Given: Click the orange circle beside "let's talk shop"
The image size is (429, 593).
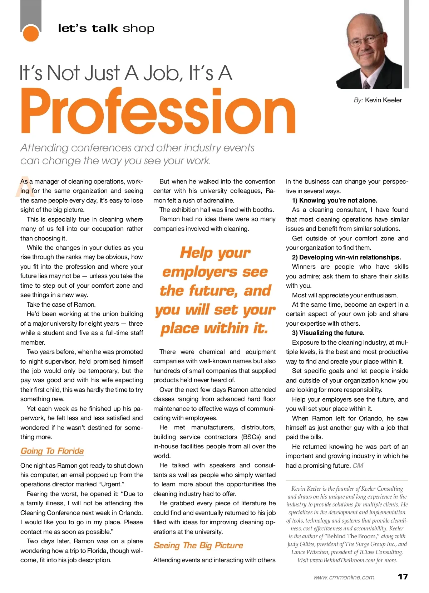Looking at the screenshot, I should tap(31, 33).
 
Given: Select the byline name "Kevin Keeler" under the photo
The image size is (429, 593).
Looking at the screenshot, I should tap(383, 100).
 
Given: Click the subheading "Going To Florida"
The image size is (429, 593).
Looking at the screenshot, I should tap(52, 451).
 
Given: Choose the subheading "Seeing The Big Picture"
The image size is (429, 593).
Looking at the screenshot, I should tap(198, 545).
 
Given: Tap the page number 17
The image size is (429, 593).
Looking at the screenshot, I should tap(403, 577).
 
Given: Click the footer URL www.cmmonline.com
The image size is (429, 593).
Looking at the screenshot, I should tap(344, 577).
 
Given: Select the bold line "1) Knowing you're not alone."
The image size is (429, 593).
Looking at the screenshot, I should tap(335, 200).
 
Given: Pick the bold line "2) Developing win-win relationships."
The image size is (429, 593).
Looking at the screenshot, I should tap(346, 257).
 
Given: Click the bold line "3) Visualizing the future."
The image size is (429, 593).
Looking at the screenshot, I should tap(328, 333).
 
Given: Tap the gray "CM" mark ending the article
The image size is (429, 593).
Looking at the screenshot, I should tap(358, 466).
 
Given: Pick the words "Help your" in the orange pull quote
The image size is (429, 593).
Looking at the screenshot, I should tap(215, 253).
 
